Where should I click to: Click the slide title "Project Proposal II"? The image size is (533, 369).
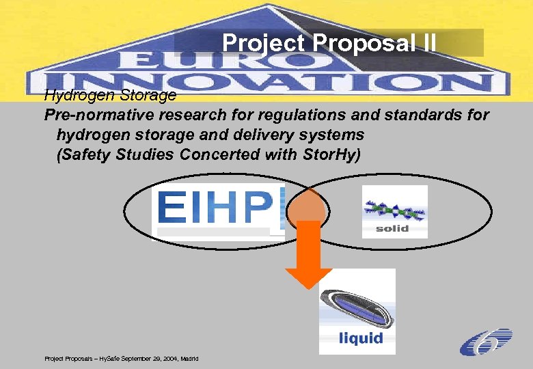pos(329,42)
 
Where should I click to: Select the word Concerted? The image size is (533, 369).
pos(220,154)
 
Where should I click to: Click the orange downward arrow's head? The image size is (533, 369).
pos(308,276)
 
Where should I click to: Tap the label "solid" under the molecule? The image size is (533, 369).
pos(392,228)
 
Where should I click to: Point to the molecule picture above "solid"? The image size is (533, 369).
pos(394,209)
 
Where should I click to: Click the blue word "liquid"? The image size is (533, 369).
pos(360,338)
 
